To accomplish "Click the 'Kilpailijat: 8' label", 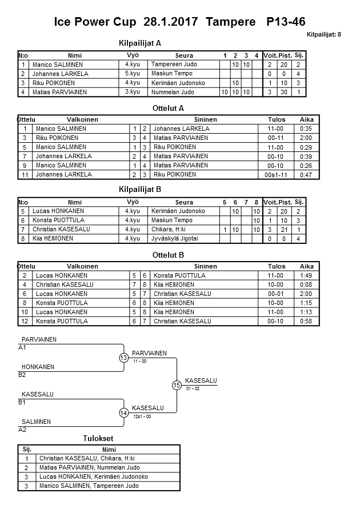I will pos(323,35).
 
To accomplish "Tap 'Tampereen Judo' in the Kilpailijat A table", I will pos(174,65).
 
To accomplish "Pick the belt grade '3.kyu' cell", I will pos(133,91).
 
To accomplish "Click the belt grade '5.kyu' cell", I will pos(133,74).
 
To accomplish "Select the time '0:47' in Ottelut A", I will pos(306,174).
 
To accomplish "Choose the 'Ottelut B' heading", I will pos(169,255).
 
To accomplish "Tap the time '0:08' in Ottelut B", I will pos(306,284).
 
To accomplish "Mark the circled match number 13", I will pos(124,358).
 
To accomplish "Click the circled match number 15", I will pos(177,385).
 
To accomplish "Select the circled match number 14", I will pos(124,412).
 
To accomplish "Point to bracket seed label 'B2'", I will pos(22,375).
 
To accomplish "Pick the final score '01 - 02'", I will pos(193,388).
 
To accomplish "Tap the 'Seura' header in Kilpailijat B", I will pos(184,202).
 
